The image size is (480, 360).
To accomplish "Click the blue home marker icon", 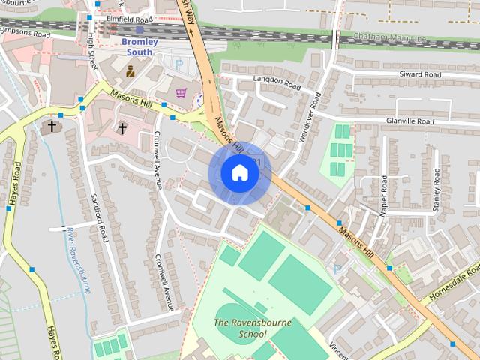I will [239, 172].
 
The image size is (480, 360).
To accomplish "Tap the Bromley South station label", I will [140, 47].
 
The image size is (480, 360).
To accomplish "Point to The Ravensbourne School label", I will [240, 328].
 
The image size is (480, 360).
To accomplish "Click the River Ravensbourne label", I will [78, 259].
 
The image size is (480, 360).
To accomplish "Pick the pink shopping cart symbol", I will [181, 93].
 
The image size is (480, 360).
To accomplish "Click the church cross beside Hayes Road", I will [52, 126].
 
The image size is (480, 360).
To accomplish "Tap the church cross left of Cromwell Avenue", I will [122, 128].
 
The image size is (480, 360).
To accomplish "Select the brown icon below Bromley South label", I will [130, 71].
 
